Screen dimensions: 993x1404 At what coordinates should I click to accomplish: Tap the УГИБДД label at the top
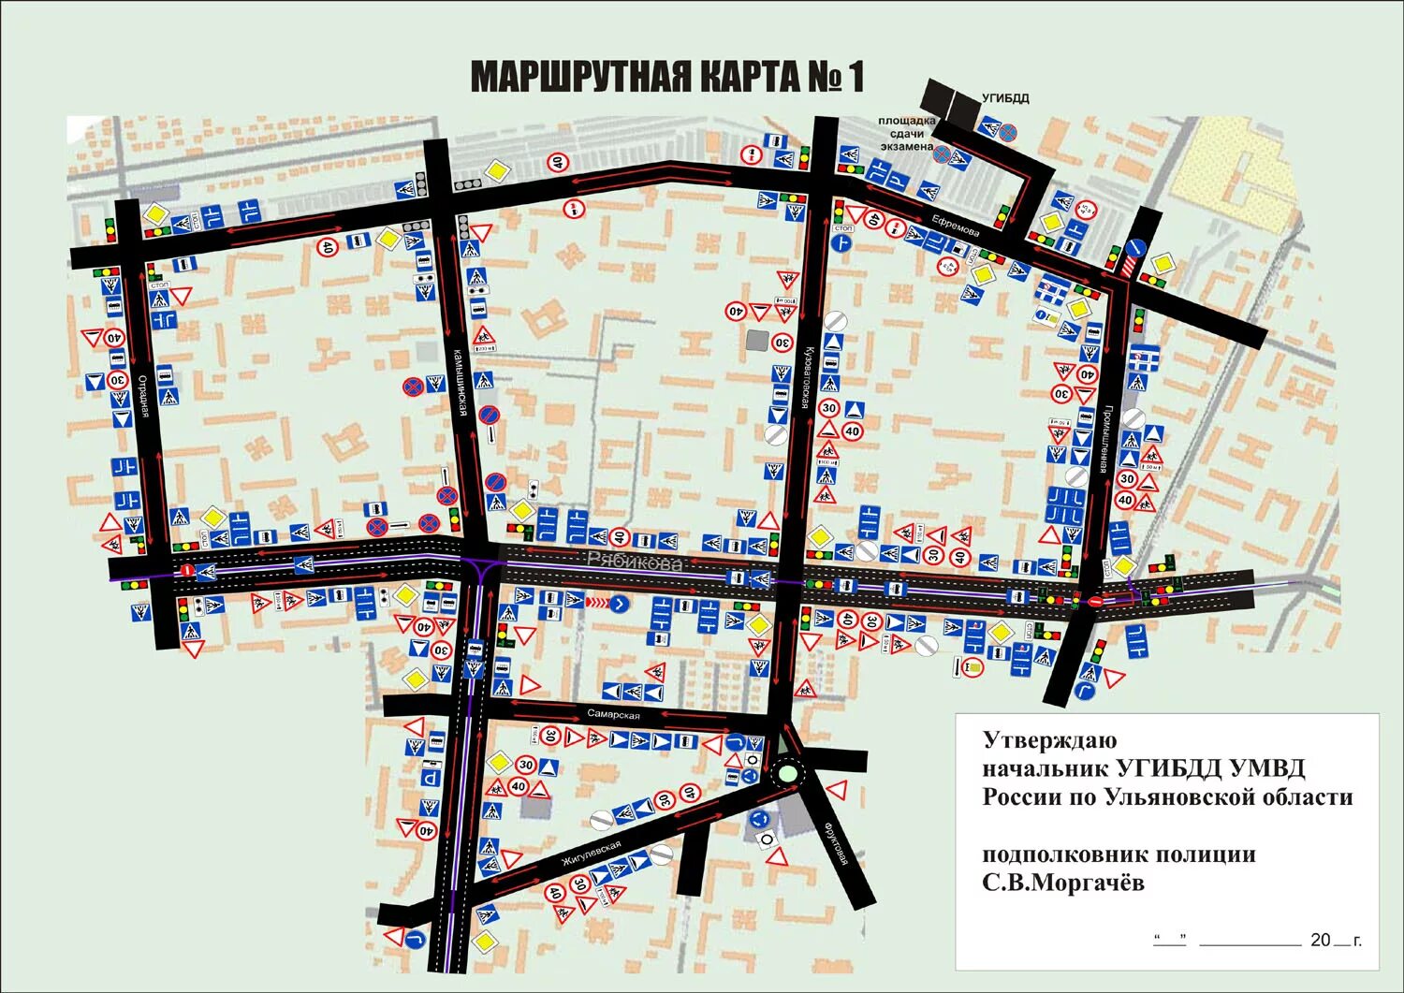(1005, 98)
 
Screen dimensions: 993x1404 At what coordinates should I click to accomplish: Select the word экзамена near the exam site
(905, 146)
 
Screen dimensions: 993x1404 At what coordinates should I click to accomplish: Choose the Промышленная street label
(1105, 438)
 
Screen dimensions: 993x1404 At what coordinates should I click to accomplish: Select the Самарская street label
(614, 715)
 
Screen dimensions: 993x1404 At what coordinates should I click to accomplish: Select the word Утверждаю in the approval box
(1049, 740)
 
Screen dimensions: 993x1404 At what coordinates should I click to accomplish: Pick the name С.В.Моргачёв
(1062, 883)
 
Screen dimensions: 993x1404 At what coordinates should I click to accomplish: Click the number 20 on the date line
(1320, 940)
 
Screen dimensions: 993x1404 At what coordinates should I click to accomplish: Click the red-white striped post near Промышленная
(1126, 267)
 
